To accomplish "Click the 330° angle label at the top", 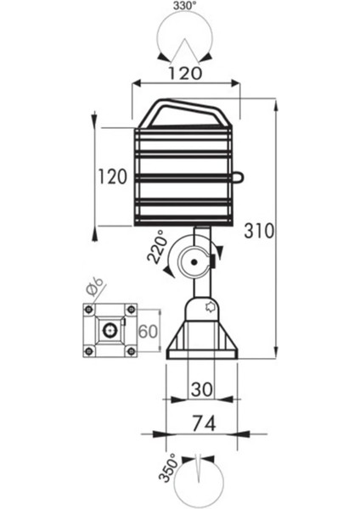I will (x=184, y=8).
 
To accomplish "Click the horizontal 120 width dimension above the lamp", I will (x=185, y=73).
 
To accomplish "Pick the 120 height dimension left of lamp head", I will (x=112, y=177).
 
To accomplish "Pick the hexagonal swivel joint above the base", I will (x=201, y=307).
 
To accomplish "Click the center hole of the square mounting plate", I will (x=109, y=330).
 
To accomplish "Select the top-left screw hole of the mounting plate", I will (x=88, y=310).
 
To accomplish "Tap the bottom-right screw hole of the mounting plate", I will (x=130, y=350).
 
